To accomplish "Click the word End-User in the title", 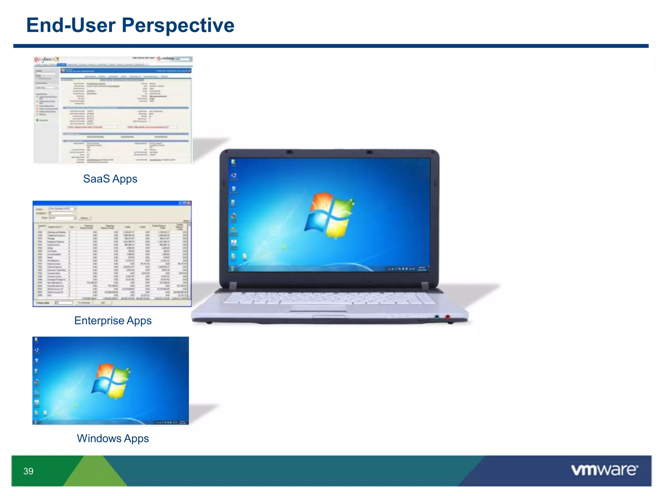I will [71, 25].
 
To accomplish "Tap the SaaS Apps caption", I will [110, 179].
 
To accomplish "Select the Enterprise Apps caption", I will [113, 321].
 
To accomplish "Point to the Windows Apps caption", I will [113, 439].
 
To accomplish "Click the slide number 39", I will [28, 471].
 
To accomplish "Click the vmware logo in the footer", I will [604, 470].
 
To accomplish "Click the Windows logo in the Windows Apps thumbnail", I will [111, 381].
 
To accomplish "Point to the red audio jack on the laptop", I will [447, 317].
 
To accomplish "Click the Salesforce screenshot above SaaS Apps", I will [113, 110].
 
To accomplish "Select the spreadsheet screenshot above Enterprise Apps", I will [112, 254].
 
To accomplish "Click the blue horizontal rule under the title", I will [331, 46].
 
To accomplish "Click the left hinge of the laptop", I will [233, 285].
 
